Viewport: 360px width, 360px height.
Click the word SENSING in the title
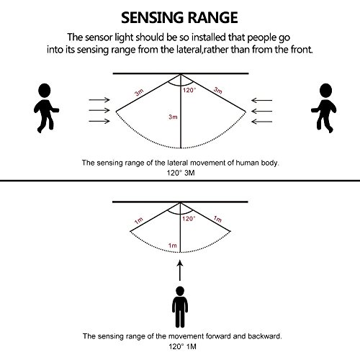pos(153,18)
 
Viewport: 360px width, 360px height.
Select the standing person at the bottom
pos(180,307)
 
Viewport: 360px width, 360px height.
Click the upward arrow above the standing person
pos(180,271)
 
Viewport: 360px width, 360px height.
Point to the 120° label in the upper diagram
pos(189,90)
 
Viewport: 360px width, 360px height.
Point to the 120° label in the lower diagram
pos(189,219)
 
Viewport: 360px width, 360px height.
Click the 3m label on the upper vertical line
pos(173,117)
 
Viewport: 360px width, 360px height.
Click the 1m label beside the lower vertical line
pos(173,246)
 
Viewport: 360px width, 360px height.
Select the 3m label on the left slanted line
pos(139,92)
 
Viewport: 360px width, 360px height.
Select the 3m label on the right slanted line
pos(218,90)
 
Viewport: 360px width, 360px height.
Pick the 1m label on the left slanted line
pos(139,220)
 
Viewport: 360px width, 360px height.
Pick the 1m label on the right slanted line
pos(217,219)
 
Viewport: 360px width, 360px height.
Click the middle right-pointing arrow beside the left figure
pos(99,110)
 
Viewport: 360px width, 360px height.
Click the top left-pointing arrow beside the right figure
pos(261,100)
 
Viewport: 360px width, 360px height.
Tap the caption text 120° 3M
pos(181,173)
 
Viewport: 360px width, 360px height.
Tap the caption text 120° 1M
pos(182,346)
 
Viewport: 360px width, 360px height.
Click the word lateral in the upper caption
pos(177,163)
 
